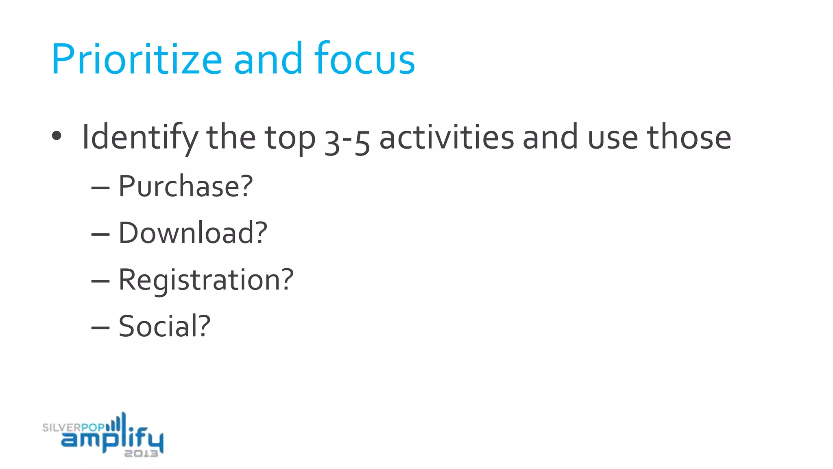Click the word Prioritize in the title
pyautogui.click(x=137, y=59)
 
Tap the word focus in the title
pyautogui.click(x=364, y=59)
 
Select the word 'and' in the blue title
pyautogui.click(x=268, y=59)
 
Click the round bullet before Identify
pyautogui.click(x=57, y=136)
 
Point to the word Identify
pyautogui.click(x=140, y=138)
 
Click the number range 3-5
pyautogui.click(x=347, y=140)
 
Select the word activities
pyautogui.click(x=447, y=138)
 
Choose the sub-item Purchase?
pyautogui.click(x=185, y=186)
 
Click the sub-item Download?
pyautogui.click(x=193, y=233)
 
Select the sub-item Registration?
pyautogui.click(x=206, y=280)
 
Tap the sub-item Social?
pyautogui.click(x=164, y=327)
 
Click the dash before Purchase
pyautogui.click(x=100, y=188)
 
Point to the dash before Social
pyautogui.click(x=100, y=328)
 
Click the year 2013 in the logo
pyautogui.click(x=141, y=454)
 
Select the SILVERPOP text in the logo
pyautogui.click(x=73, y=427)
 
